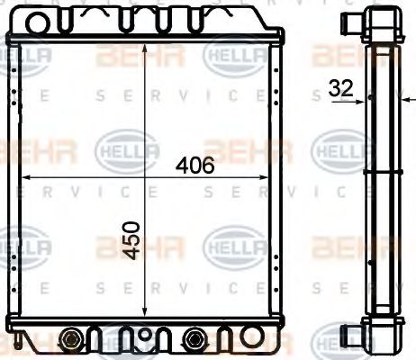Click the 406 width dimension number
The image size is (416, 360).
[195, 166]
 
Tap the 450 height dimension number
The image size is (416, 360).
[133, 240]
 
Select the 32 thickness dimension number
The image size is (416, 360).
[342, 88]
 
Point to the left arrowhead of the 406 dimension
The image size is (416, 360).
[25, 176]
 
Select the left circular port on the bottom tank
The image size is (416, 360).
[70, 339]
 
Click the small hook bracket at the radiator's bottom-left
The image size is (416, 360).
[18, 343]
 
